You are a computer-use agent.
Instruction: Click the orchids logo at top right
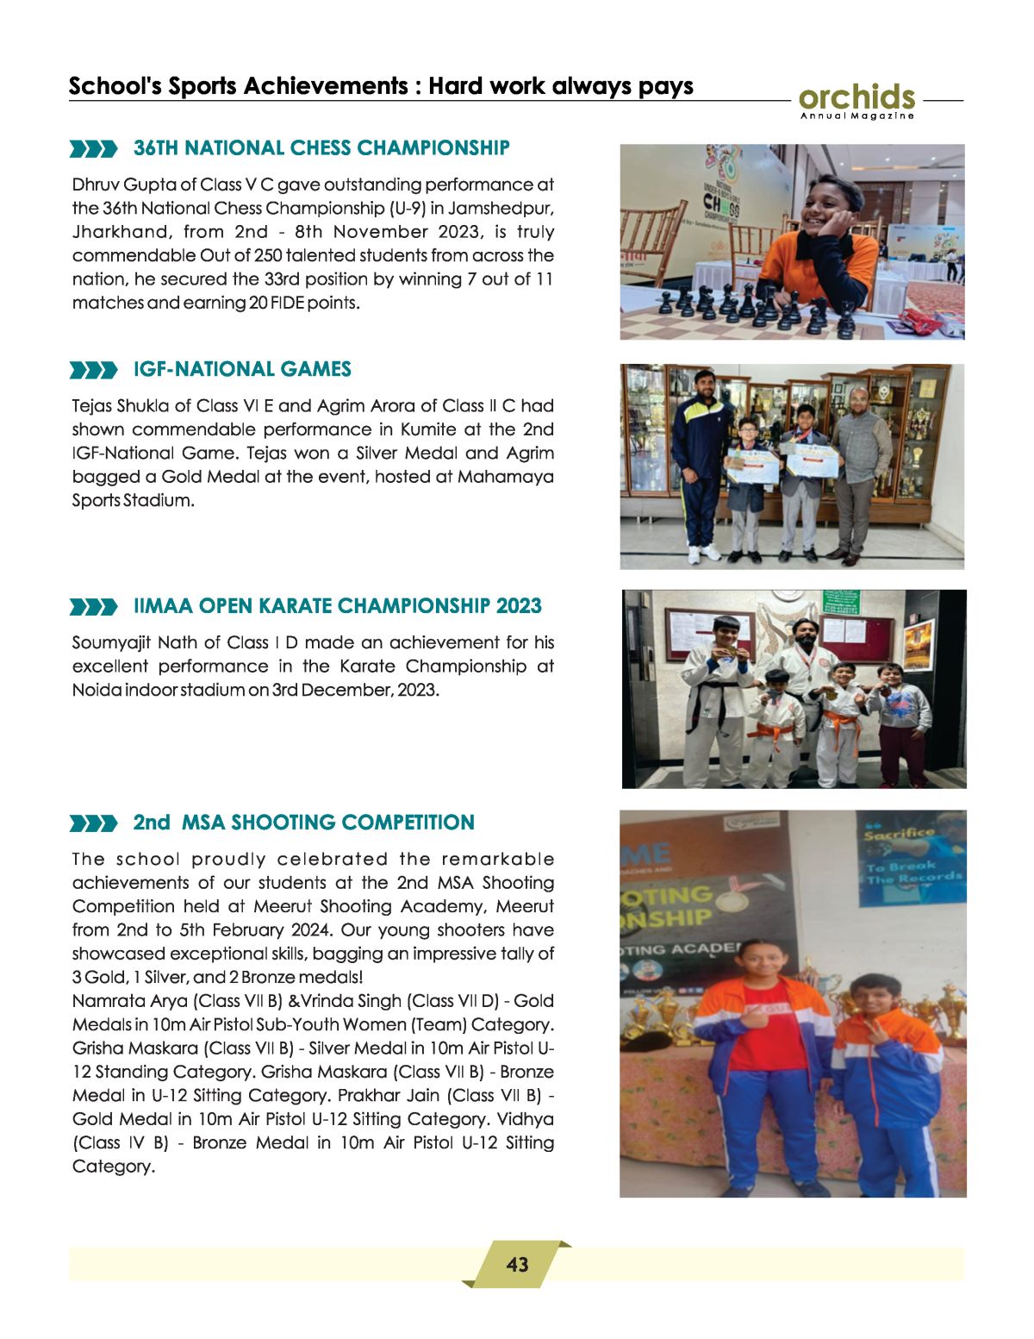(856, 100)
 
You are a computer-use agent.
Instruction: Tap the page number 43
(517, 1265)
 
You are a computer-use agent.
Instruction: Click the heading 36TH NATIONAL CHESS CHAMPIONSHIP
(321, 148)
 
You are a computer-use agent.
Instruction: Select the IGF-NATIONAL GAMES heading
(242, 369)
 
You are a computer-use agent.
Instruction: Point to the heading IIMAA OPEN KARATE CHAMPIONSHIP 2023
(337, 606)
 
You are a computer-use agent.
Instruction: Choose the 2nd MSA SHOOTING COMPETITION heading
(303, 823)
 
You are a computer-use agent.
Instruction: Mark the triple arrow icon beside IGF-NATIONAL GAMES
(93, 371)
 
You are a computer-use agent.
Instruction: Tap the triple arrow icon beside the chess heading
(93, 150)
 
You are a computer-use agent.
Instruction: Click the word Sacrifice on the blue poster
(899, 834)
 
